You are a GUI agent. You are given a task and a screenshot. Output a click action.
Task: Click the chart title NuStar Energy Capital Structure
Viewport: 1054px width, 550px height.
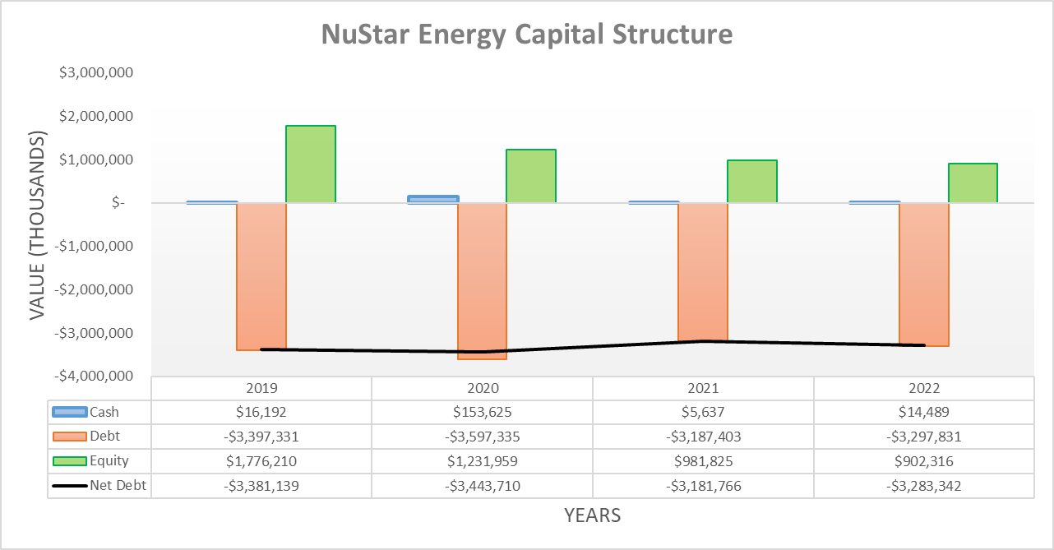coord(526,35)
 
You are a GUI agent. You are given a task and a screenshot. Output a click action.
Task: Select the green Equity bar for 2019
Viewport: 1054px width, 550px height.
coord(310,164)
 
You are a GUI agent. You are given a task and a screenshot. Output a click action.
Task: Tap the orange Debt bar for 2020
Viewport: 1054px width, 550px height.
coord(482,280)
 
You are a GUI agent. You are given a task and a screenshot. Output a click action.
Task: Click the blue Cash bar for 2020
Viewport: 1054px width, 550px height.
coord(433,199)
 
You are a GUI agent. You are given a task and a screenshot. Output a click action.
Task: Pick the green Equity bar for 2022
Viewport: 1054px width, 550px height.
coord(973,183)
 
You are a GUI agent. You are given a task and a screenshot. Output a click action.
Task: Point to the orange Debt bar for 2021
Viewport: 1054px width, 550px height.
coord(702,271)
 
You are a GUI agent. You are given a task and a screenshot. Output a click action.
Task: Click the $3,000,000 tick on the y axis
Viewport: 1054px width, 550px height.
coord(96,72)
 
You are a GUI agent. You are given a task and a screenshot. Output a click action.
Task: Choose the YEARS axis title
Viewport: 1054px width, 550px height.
coord(592,515)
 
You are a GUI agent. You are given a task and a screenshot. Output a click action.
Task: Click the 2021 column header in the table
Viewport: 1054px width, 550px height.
coord(703,388)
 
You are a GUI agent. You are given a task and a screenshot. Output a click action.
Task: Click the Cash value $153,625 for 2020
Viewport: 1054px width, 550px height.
coord(482,412)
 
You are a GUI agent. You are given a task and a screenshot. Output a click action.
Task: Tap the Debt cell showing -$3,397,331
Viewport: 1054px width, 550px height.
coord(261,437)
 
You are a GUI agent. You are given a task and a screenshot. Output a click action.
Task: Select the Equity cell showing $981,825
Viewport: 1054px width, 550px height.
coord(703,461)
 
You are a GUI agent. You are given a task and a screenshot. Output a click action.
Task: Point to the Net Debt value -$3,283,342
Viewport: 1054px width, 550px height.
coord(923,486)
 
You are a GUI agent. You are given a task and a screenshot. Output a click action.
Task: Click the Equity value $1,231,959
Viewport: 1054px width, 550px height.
coord(482,461)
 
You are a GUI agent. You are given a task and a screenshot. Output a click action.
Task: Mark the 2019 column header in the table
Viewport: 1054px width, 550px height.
coord(261,388)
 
